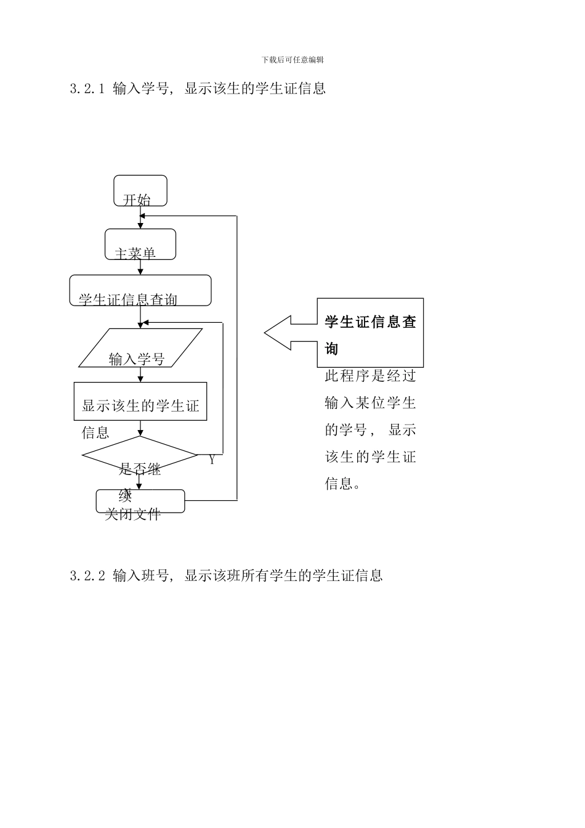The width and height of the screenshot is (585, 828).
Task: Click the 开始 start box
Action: point(140,191)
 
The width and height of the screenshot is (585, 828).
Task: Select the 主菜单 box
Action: point(140,245)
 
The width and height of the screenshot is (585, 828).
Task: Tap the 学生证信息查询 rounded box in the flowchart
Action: point(140,291)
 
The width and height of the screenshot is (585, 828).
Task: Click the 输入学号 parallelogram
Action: point(140,349)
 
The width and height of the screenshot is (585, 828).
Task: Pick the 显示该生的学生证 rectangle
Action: point(140,402)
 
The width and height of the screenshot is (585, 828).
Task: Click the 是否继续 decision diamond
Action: point(140,457)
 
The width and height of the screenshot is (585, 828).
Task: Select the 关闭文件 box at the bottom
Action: point(140,501)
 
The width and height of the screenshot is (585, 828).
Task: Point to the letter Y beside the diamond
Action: point(212,460)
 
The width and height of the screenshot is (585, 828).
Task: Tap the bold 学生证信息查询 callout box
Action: point(370,333)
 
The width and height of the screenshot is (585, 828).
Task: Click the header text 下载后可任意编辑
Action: point(292,60)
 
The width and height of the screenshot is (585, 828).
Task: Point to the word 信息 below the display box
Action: point(95,433)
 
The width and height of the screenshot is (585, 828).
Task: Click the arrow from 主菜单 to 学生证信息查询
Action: point(140,268)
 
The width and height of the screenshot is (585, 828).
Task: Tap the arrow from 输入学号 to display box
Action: point(140,375)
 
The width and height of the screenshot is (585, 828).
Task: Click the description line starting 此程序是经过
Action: point(370,376)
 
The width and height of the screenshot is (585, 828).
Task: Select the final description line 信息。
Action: point(342,484)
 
